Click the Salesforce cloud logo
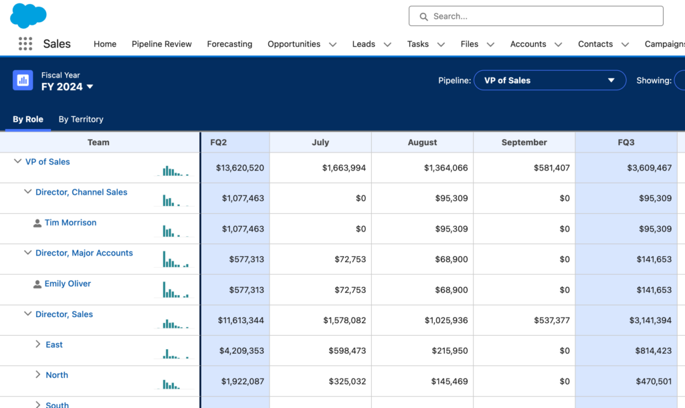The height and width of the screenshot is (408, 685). coord(28,15)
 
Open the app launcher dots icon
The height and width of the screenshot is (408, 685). coord(25,44)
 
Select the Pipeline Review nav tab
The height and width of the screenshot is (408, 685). coord(161,44)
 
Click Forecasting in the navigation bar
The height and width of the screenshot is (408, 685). coord(229,44)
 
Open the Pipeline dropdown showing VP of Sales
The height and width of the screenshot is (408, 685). coord(549,80)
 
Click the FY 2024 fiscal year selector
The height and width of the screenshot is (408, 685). coord(67,87)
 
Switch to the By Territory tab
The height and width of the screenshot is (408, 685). coord(81,119)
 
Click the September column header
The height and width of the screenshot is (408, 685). coord(524,142)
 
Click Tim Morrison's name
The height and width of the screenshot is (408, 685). coord(70,223)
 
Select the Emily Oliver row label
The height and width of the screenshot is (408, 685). coord(68,284)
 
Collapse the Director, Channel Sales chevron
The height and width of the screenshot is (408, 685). coord(27,192)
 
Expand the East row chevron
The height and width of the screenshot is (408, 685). coord(38,344)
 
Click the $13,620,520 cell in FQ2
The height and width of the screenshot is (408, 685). coord(240,168)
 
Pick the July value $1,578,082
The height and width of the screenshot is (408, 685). coord(345,320)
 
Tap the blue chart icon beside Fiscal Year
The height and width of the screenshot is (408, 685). coord(23,80)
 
